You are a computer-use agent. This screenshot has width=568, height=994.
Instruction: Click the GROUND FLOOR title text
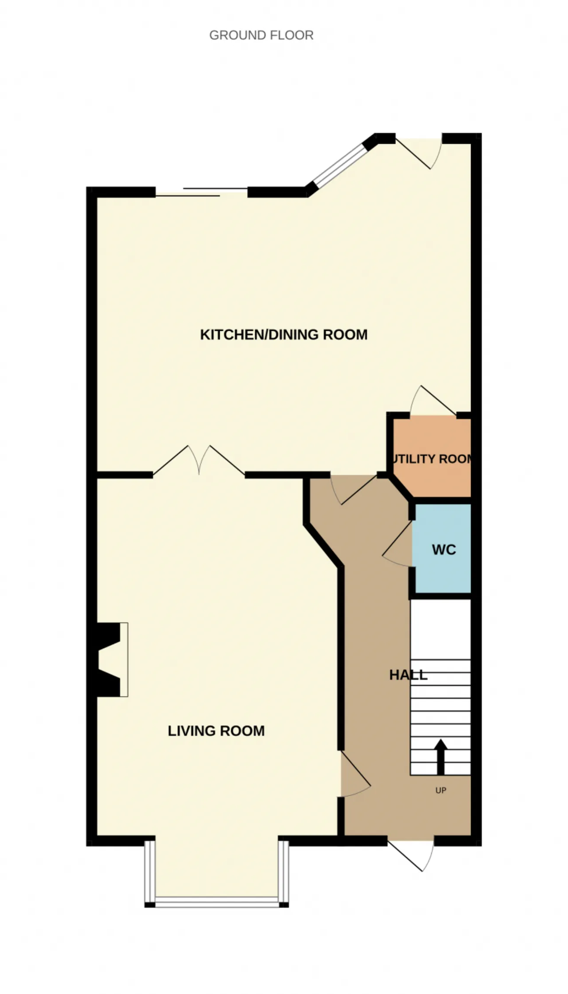pos(261,35)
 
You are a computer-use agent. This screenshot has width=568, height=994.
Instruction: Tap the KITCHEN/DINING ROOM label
pos(284,334)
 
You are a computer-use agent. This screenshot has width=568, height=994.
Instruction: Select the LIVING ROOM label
pos(216,731)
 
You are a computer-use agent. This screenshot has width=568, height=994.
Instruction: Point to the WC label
pos(444,550)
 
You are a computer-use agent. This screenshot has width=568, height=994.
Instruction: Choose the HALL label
pos(408,675)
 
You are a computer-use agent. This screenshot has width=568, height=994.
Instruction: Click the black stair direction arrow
pos(440,757)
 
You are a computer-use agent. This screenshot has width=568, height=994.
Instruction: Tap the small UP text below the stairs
pos(441,790)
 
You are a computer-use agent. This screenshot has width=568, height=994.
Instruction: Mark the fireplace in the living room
pos(112,659)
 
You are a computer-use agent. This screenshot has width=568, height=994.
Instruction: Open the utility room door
pos(433,401)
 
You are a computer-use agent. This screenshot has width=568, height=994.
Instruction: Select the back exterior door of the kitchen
pos(419,153)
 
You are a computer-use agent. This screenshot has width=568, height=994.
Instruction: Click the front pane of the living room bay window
pos(217,900)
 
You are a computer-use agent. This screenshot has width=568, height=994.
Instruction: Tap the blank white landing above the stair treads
pos(440,630)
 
